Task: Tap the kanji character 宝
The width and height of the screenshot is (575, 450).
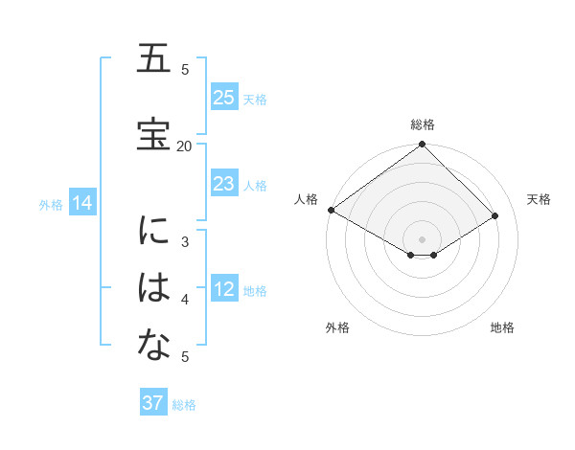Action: [x=153, y=133]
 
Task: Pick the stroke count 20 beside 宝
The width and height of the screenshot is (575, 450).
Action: [x=185, y=146]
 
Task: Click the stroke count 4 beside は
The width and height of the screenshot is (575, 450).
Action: [x=185, y=300]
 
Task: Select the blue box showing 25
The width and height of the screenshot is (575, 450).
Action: [x=224, y=98]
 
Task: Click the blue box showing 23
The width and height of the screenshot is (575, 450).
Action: [x=224, y=184]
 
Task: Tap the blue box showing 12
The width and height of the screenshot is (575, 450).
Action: [x=224, y=290]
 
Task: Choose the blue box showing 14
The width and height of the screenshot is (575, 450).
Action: [x=81, y=203]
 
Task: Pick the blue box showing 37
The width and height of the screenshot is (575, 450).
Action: [x=153, y=403]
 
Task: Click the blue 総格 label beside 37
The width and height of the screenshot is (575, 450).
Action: [x=184, y=405]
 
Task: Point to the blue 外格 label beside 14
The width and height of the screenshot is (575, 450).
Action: [x=51, y=204]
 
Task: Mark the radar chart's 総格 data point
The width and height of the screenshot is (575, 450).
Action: [x=422, y=145]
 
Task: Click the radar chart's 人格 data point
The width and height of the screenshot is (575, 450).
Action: [x=331, y=210]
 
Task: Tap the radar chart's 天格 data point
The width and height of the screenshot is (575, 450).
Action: [x=495, y=215]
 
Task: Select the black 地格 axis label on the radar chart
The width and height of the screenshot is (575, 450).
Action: [x=502, y=328]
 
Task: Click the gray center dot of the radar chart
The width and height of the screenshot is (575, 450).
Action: [x=422, y=238]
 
